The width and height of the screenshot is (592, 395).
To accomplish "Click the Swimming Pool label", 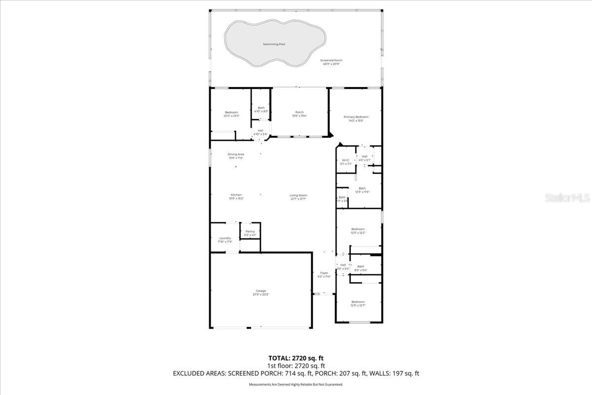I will [x=274, y=44].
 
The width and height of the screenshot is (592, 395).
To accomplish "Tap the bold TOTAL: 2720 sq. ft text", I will [x=296, y=358].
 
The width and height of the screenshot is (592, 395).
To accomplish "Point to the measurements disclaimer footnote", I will [x=296, y=384].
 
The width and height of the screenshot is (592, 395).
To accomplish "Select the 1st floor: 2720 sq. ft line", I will [x=296, y=366].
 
